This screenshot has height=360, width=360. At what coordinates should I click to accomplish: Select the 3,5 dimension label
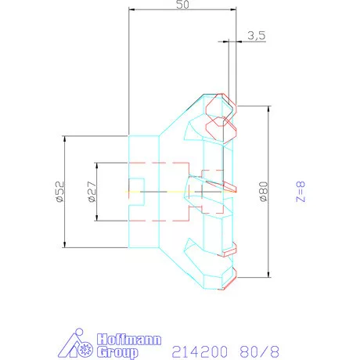[256, 35]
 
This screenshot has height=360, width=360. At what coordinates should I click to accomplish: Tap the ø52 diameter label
[59, 191]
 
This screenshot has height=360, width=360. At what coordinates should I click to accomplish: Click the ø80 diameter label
[263, 192]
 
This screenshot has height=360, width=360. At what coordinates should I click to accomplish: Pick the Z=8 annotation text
[301, 192]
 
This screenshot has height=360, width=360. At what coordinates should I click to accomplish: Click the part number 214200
[193, 348]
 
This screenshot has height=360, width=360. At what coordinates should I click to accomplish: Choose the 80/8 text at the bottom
[257, 348]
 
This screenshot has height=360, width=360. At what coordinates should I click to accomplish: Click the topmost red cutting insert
[220, 106]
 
